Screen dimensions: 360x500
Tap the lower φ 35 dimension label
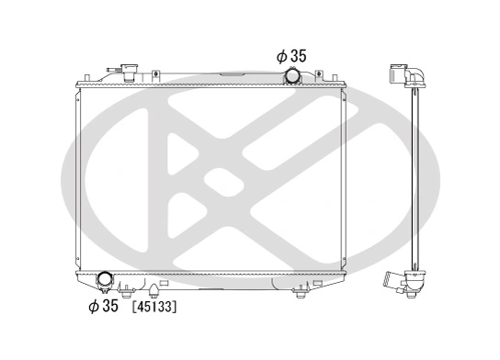click(103, 306)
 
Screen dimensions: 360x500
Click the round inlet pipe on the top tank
click(293, 76)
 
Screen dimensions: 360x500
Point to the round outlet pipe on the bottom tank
click(104, 280)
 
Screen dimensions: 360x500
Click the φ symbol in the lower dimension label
click(93, 306)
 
